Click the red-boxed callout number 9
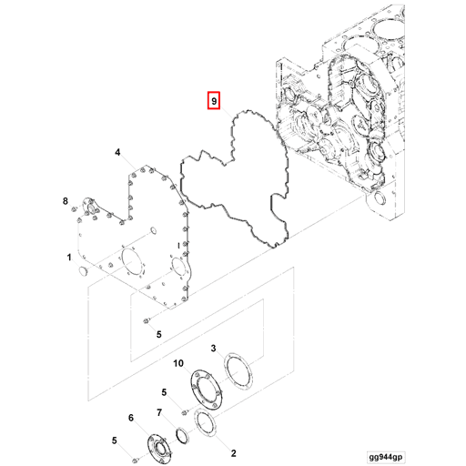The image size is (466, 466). coord(214,101)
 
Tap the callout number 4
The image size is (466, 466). coord(117,152)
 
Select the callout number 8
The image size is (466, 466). coord(66,201)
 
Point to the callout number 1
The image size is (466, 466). coord(69,258)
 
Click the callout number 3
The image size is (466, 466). coord(213,348)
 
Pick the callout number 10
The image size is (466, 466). coord(178,363)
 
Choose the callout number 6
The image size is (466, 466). coord(131,418)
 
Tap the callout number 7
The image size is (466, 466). coord(159,412)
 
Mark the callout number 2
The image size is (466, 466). coord(233,453)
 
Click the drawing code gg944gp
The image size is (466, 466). coord(386,457)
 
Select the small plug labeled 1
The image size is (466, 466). coord(83,271)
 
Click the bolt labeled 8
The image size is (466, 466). coord(73,209)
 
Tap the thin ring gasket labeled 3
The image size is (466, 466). coord(238,371)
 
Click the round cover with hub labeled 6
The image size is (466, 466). coord(160,449)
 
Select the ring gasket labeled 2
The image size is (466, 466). coord(204,422)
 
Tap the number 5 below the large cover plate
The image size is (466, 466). coord(159,334)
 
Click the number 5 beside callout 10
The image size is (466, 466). coord(164,392)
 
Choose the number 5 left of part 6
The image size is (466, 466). coord(115,441)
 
